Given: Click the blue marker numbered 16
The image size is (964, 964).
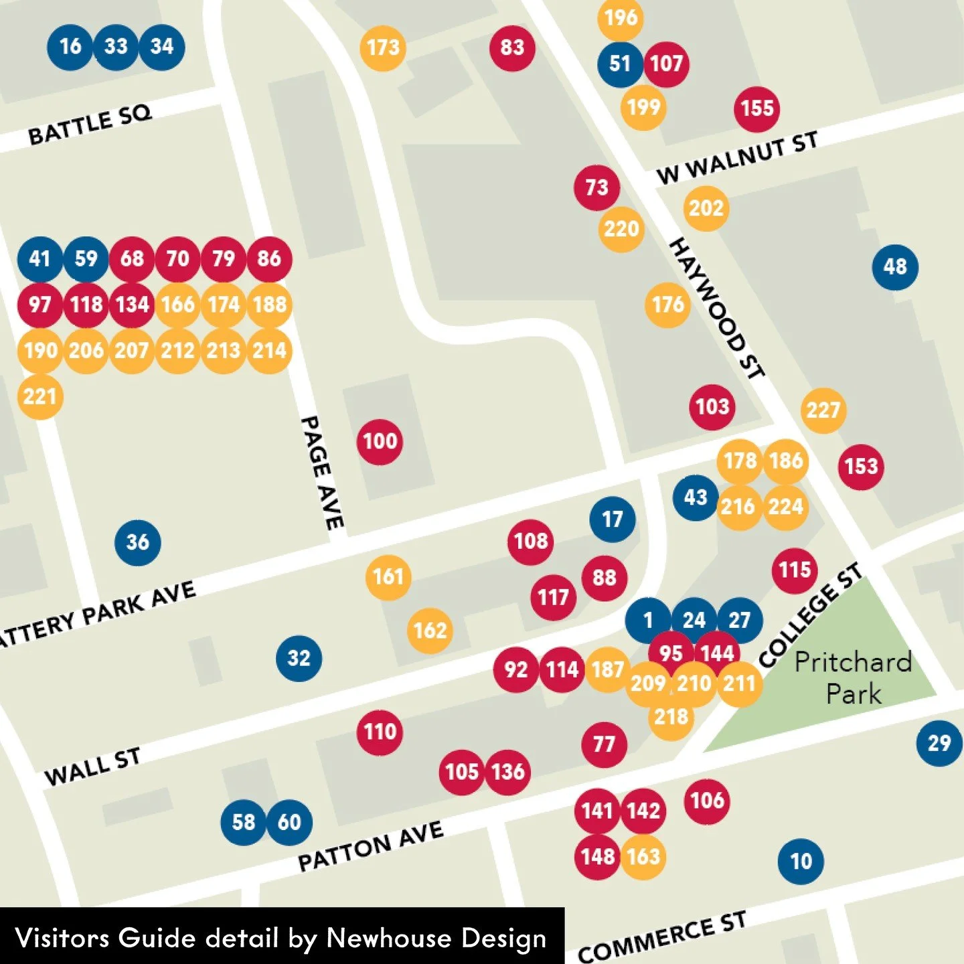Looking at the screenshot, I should pos(70,47).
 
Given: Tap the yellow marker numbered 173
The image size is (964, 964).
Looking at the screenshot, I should pos(383,48).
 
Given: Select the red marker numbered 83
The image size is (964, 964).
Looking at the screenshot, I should pos(512,48).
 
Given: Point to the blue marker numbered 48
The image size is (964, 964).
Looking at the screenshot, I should pos(895,267).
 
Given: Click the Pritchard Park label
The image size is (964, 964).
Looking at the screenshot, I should pos(853,677).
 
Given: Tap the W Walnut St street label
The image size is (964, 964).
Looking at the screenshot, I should pos(737,158).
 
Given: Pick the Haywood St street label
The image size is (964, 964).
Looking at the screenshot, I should pos(717,309).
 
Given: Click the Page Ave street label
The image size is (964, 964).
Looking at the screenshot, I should pos(323,473).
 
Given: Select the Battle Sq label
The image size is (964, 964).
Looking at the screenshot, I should pos(90,125).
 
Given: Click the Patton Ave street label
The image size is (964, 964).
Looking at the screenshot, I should pos(370,846).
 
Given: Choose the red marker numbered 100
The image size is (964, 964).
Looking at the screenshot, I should pos(380,442).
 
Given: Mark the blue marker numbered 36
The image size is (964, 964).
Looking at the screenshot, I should pos(138,542).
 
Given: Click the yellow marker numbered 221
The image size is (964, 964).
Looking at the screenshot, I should pos(40,397).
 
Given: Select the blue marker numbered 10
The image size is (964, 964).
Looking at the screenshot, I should pos(801,862).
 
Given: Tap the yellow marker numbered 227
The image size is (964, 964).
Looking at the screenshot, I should pos(823,410).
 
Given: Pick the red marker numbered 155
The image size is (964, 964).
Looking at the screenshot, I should pos(757,108).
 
